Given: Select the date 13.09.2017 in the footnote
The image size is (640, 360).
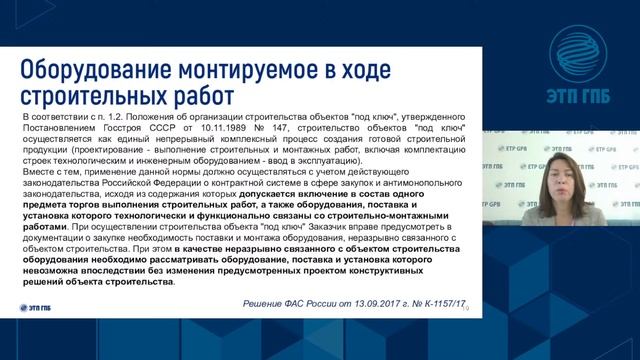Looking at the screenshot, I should [x=379, y=302].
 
